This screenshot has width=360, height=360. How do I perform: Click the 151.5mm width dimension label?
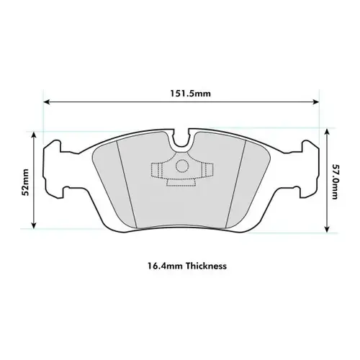tap(180, 93)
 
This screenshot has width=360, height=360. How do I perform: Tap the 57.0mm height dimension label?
tap(335, 181)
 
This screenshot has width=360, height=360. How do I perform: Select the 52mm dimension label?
tap(25, 181)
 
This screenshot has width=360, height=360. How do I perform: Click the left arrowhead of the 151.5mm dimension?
tap(47, 102)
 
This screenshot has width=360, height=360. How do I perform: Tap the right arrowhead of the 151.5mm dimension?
tap(314, 102)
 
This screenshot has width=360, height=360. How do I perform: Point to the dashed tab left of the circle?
tap(156, 171)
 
